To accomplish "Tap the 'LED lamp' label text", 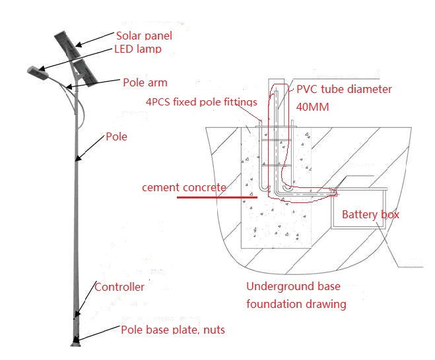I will (x=139, y=49).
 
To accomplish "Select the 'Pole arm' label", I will (x=145, y=83).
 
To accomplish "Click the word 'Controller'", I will (x=119, y=287).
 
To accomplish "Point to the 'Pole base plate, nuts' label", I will (x=172, y=330).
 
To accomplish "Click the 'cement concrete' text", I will (x=184, y=187).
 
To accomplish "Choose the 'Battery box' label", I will (x=370, y=214).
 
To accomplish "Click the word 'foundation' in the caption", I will (x=273, y=304).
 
